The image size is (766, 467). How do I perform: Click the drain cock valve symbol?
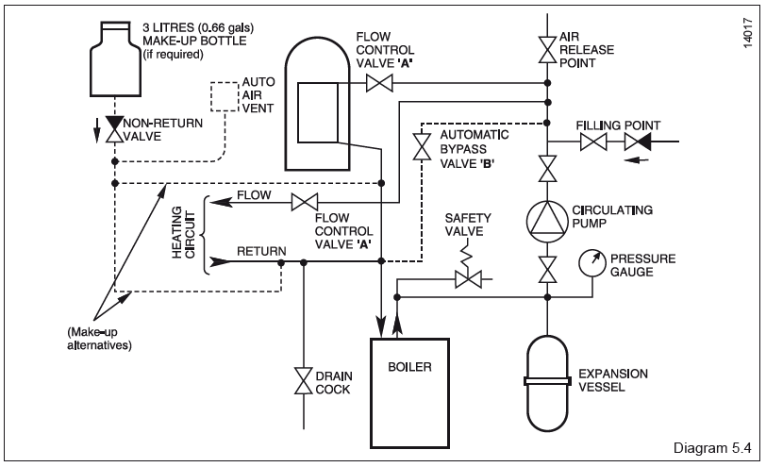(304, 379)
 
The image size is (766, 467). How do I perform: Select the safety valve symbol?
(467, 278)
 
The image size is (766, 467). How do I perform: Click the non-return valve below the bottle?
(116, 128)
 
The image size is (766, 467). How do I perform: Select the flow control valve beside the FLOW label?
(304, 201)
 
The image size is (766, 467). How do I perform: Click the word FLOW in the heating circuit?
(256, 196)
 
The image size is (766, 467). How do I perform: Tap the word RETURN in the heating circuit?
(260, 252)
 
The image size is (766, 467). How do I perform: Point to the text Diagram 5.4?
(713, 446)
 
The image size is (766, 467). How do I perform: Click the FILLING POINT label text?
(620, 125)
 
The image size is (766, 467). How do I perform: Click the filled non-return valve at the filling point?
(637, 143)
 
